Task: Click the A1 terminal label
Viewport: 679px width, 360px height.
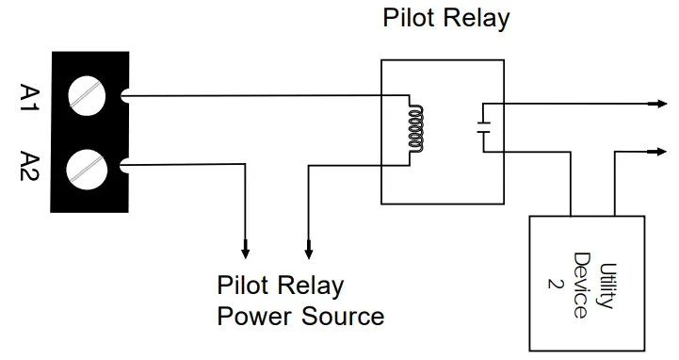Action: tap(27, 98)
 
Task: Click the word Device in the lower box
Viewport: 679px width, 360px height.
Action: tap(583, 283)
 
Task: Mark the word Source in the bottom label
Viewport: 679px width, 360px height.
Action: tap(343, 316)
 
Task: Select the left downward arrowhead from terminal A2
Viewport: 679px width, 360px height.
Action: tap(246, 252)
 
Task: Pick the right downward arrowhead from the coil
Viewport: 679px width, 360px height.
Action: tap(308, 252)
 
